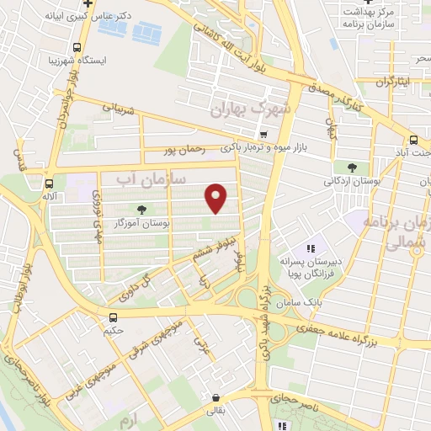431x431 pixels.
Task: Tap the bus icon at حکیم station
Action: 113,317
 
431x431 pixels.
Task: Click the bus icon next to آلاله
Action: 50,181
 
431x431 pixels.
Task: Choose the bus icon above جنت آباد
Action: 412,141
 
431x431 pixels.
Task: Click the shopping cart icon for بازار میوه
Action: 264,134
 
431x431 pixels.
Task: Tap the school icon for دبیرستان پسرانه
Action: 311,248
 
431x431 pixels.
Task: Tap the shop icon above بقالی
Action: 217,399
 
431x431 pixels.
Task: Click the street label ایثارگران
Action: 396,82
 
